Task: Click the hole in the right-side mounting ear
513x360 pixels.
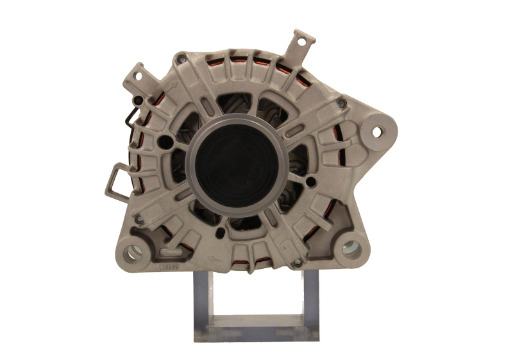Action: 376,132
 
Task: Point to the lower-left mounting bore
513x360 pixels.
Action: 133,252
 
